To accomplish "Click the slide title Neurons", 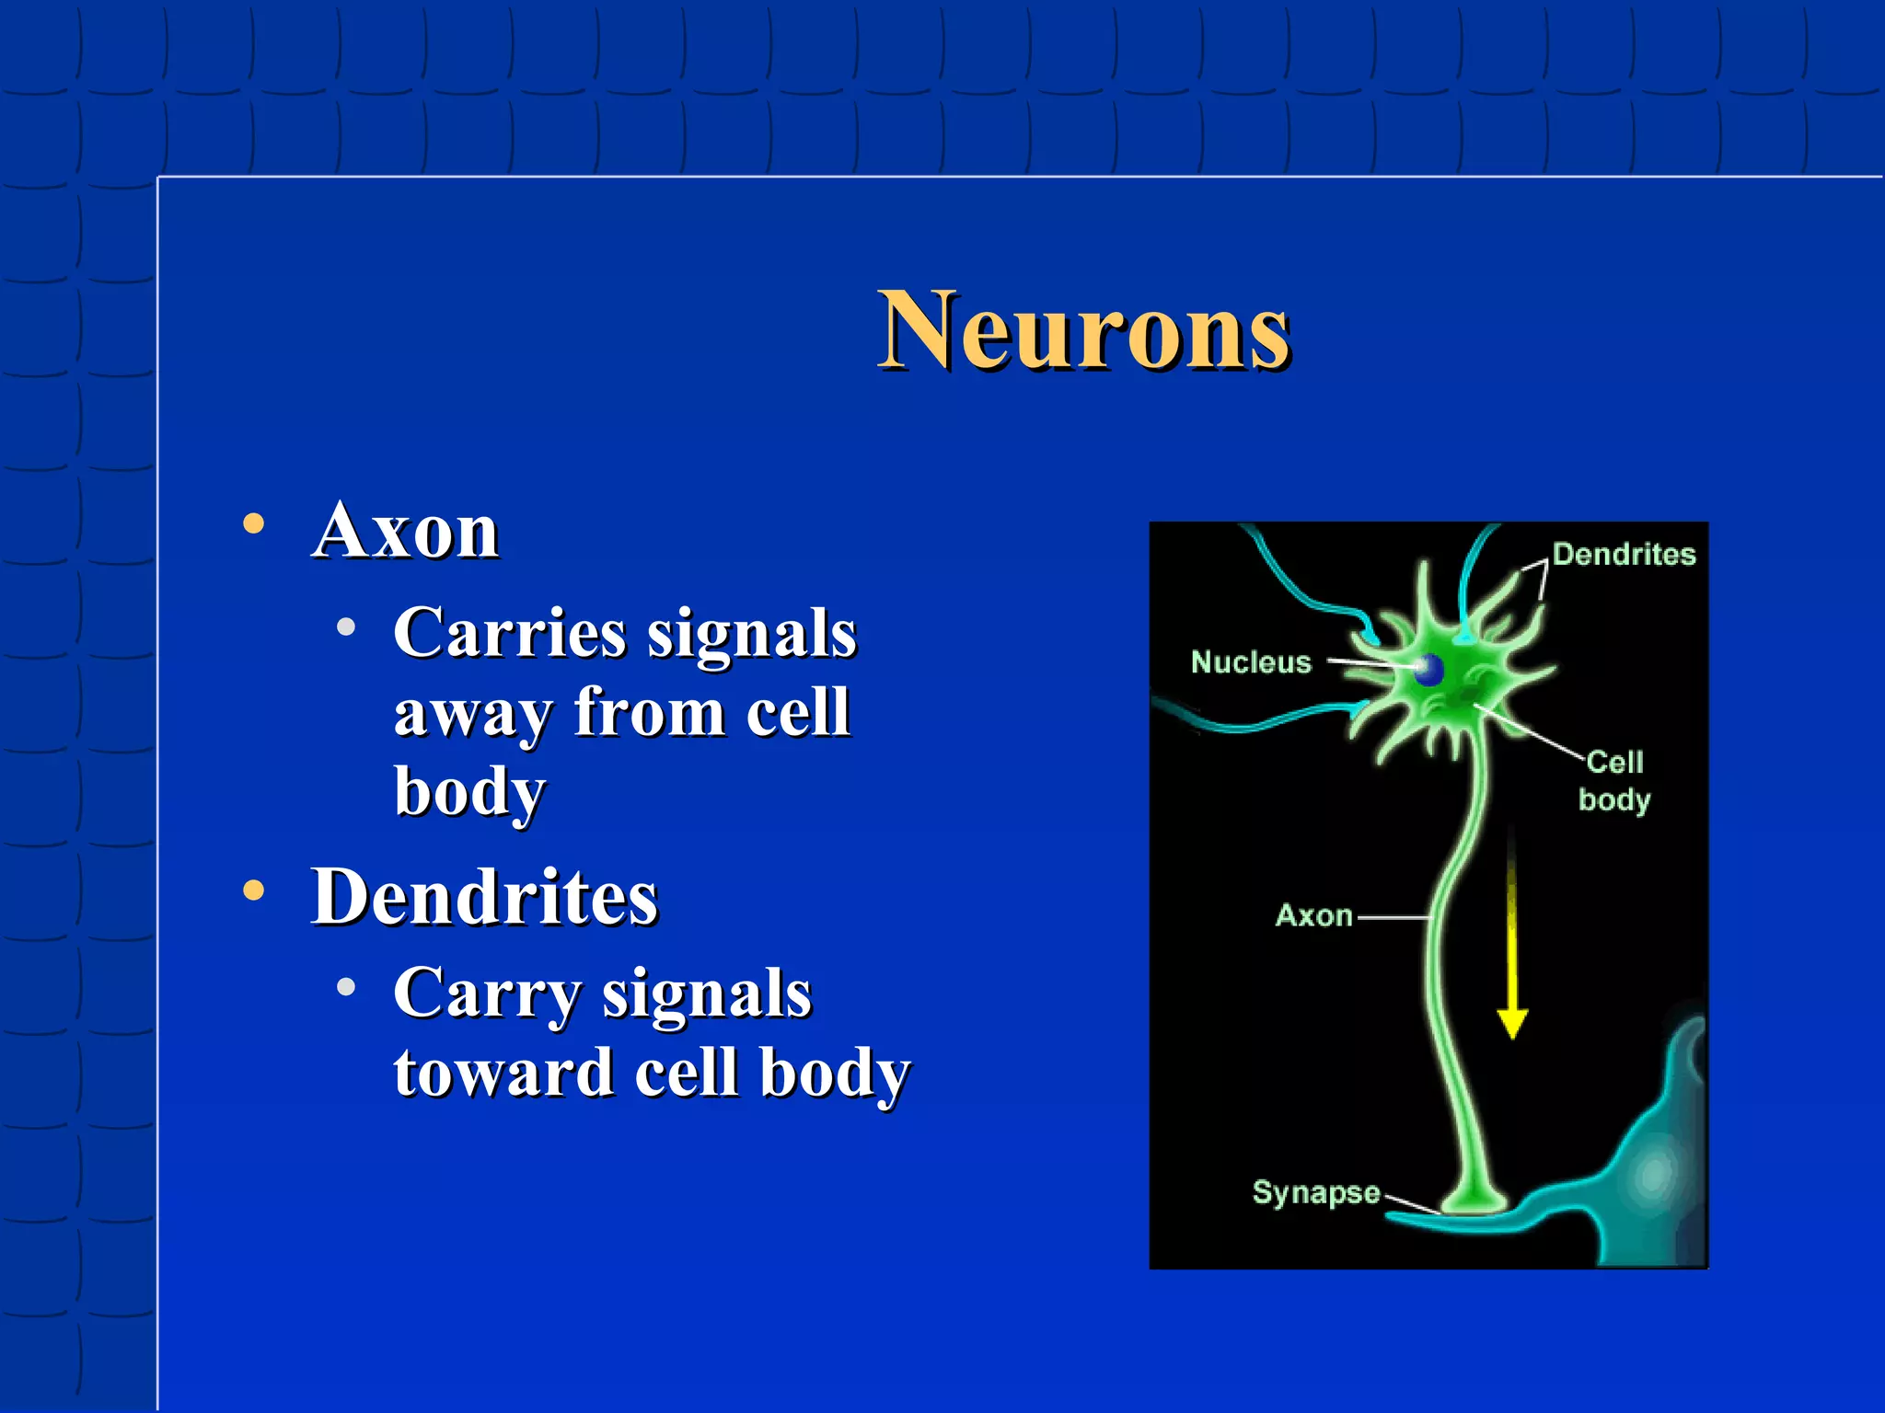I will coord(1083,331).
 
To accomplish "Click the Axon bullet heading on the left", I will coord(405,531).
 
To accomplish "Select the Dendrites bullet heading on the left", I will coord(484,897).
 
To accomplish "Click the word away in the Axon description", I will coord(469,714).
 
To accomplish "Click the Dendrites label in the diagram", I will coord(1624,555).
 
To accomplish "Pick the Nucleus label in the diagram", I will coord(1251,662).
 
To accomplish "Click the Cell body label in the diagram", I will coord(1614,781).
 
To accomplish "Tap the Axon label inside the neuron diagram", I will coord(1313,915).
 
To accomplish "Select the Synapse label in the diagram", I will coord(1316,1192).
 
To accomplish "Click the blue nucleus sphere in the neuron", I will coord(1428,670).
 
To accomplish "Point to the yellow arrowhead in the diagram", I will coord(1512,1023).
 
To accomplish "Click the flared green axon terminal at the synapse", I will coord(1474,1198).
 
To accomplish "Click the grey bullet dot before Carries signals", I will coord(346,628).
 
